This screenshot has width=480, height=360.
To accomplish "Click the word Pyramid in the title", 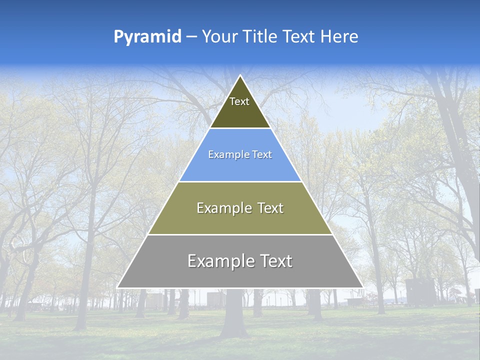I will pyautogui.click(x=147, y=37).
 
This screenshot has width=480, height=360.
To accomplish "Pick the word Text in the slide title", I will pyautogui.click(x=299, y=37).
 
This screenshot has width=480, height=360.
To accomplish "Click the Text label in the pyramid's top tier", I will pyautogui.click(x=239, y=101).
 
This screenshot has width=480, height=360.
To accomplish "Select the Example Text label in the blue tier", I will pyautogui.click(x=240, y=155).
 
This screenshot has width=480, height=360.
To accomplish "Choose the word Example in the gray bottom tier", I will pyautogui.click(x=219, y=261).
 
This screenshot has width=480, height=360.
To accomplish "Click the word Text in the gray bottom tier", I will pyautogui.click(x=273, y=261).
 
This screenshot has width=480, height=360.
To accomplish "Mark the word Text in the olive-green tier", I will pyautogui.click(x=267, y=208).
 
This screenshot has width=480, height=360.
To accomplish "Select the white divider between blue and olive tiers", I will pyautogui.click(x=240, y=181).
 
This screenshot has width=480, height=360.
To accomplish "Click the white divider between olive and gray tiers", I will pyautogui.click(x=240, y=234).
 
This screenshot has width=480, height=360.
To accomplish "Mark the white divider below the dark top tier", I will pyautogui.click(x=240, y=128).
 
